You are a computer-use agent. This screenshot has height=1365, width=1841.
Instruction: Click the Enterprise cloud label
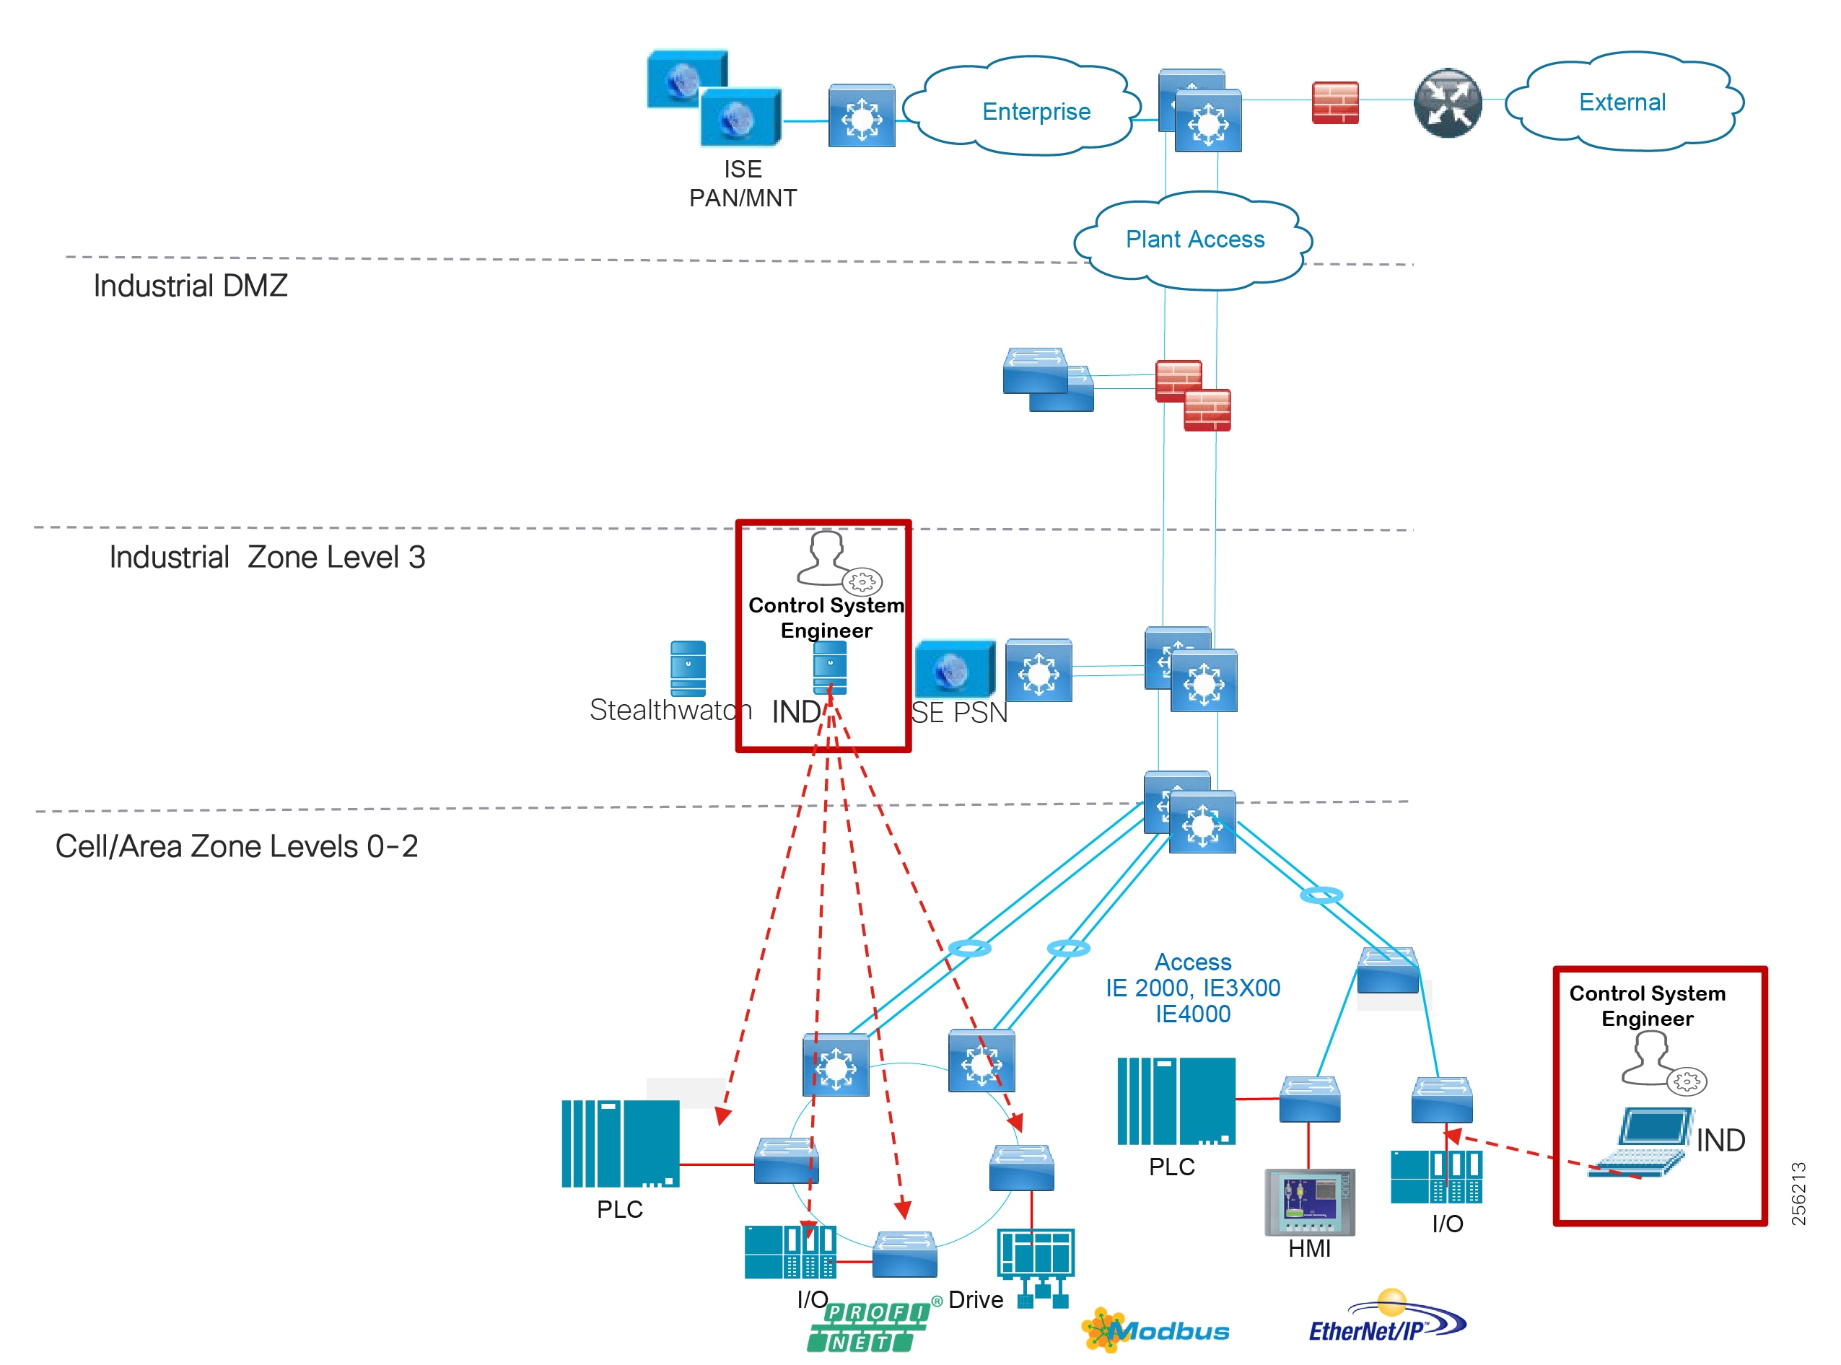(1036, 112)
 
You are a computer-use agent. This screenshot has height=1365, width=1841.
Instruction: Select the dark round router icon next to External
(1447, 103)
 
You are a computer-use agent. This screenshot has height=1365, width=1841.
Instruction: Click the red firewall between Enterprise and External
(1334, 102)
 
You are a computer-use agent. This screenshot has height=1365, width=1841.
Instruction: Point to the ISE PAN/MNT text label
(742, 183)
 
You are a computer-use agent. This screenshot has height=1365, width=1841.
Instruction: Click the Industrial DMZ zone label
(190, 286)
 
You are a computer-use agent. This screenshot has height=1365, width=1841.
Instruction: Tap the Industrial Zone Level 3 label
(267, 557)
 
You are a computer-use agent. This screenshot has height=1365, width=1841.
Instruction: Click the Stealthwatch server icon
(688, 667)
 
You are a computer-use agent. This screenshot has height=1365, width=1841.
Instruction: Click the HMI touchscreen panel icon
(1309, 1201)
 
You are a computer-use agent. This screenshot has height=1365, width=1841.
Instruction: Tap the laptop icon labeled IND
(1640, 1142)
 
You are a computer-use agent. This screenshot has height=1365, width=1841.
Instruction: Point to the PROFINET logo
(867, 1327)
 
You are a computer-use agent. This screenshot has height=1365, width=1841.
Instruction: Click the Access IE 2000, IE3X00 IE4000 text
(1192, 988)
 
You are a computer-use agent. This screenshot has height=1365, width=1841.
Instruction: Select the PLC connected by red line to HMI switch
(1175, 1101)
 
